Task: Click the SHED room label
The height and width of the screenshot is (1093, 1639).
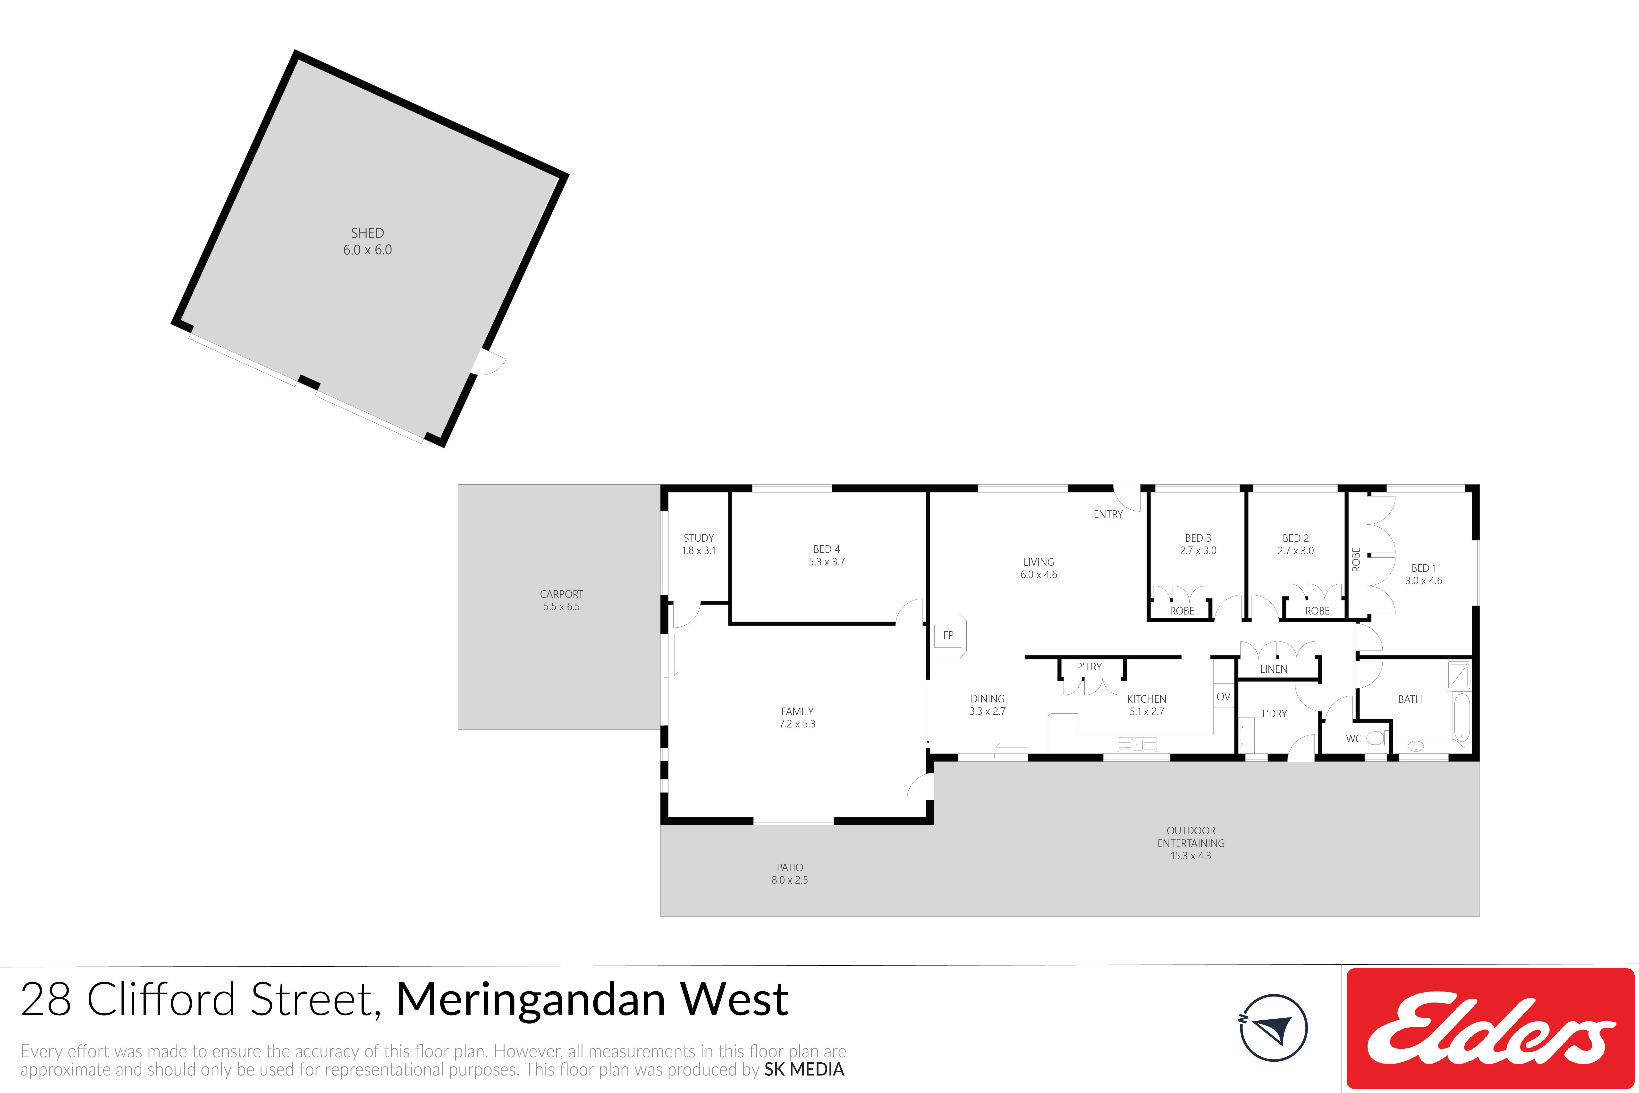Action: click(367, 233)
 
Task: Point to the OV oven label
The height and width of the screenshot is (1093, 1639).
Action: click(1223, 696)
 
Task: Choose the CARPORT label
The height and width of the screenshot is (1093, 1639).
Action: click(561, 594)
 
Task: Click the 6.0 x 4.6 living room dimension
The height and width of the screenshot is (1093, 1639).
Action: click(1038, 574)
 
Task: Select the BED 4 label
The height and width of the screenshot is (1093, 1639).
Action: click(827, 549)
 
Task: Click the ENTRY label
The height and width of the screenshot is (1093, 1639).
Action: click(1108, 514)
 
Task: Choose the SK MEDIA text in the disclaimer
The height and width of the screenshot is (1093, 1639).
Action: click(804, 1069)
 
